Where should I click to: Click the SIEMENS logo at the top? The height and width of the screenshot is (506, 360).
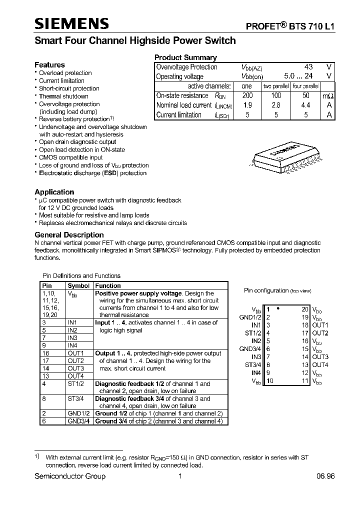click(71, 23)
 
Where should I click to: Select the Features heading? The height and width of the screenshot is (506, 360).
click(49, 65)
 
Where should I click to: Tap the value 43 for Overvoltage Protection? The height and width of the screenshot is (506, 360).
click(308, 67)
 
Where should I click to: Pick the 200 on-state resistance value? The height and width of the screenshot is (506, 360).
click(247, 95)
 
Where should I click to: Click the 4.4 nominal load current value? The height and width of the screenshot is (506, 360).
click(305, 105)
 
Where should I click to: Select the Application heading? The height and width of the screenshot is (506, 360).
click(54, 192)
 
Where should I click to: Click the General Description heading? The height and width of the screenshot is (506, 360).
click(69, 235)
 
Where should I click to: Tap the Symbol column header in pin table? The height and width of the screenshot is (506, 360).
click(78, 285)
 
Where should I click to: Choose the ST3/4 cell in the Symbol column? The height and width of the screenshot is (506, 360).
click(76, 398)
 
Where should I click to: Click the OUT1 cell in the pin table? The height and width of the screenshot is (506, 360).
click(75, 353)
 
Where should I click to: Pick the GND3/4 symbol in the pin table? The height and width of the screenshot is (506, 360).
click(78, 421)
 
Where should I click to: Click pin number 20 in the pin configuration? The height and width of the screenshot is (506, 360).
click(305, 309)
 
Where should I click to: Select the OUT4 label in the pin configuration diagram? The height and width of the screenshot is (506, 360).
click(320, 364)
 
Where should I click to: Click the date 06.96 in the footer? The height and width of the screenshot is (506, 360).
click(325, 476)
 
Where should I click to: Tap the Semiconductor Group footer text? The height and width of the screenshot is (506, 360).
click(70, 476)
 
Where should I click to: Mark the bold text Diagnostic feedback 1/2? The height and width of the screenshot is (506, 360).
click(129, 383)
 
